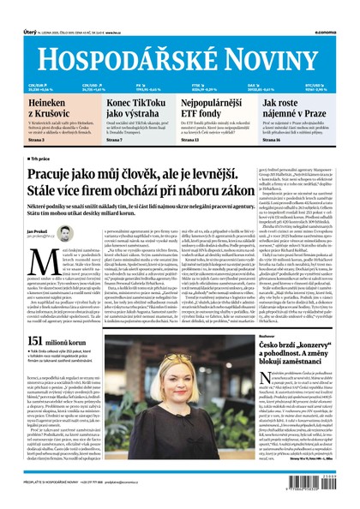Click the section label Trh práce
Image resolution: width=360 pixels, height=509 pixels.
[x=42, y=159]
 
